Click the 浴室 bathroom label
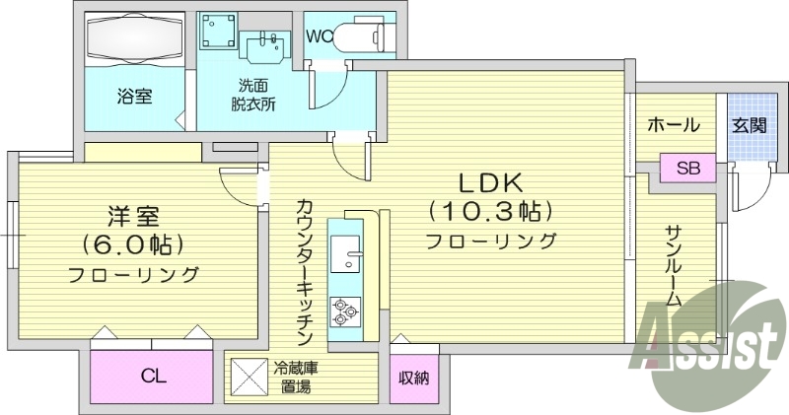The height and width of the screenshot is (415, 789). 135,97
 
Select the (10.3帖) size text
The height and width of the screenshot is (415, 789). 490,210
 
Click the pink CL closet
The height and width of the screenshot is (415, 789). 152,376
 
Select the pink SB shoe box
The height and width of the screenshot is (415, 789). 687,168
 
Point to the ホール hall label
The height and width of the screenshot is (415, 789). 674,125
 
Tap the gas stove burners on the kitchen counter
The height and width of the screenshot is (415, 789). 346,312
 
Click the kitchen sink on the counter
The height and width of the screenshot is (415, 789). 346,257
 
